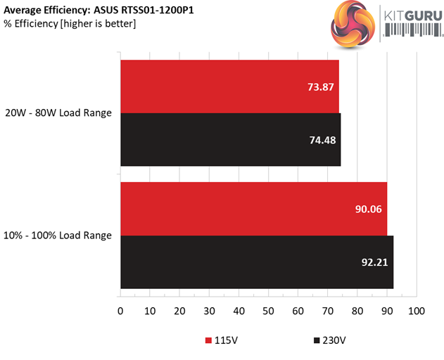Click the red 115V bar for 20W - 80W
pyautogui.click(x=229, y=86)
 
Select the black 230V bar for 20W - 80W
pyautogui.click(x=230, y=140)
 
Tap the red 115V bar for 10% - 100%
pyautogui.click(x=253, y=209)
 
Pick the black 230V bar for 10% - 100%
pyautogui.click(x=257, y=262)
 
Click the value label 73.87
pyautogui.click(x=320, y=87)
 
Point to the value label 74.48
pyautogui.click(x=322, y=141)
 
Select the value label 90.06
pyautogui.click(x=368, y=209)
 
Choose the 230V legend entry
pyautogui.click(x=329, y=340)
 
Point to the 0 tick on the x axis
pyautogui.click(x=120, y=311)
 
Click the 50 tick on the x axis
pyautogui.click(x=269, y=311)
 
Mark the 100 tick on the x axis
pyautogui.click(x=417, y=311)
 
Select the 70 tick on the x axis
pyautogui.click(x=328, y=311)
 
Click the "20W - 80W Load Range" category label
pyautogui.click(x=58, y=112)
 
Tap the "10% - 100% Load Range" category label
pyautogui.click(x=58, y=235)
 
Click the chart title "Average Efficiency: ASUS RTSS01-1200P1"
pyautogui.click(x=99, y=11)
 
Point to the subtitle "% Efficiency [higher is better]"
pyautogui.click(x=70, y=24)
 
